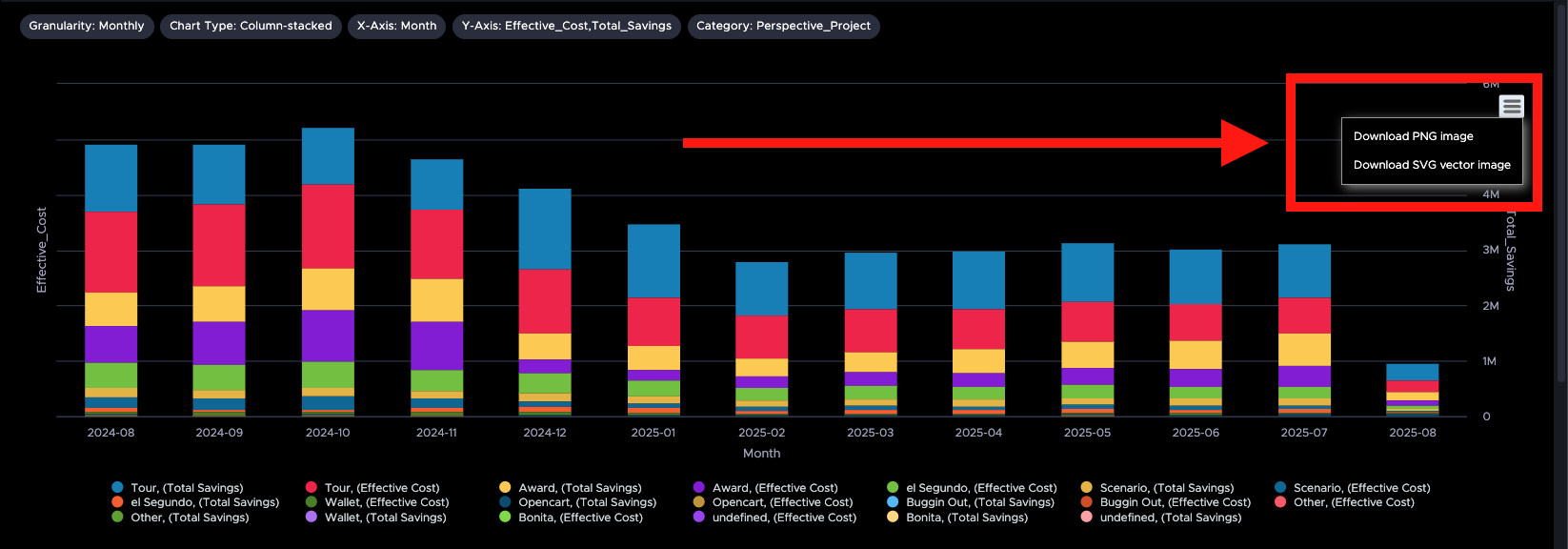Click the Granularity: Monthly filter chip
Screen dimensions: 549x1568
[86, 26]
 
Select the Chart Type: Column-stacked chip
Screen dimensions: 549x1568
[251, 26]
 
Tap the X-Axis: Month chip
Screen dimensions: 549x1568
[396, 26]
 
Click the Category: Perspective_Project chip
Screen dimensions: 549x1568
[783, 26]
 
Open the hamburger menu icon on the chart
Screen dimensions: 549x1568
[1511, 106]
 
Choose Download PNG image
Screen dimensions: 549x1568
[1413, 136]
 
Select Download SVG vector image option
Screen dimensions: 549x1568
[1431, 165]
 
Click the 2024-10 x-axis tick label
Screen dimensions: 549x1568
[328, 433]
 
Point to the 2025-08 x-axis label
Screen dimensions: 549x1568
[1412, 433]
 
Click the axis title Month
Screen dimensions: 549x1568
[761, 454]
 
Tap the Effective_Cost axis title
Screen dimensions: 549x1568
[41, 250]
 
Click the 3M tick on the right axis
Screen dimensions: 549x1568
[1490, 250]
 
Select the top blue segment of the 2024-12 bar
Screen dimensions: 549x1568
[545, 229]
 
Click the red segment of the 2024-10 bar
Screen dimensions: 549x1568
[328, 226]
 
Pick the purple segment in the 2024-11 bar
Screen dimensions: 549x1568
[436, 345]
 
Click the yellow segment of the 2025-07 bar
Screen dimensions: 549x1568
[1304, 349]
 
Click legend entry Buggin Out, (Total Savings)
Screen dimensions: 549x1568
[979, 502]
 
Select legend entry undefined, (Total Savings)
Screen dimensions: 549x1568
[1170, 518]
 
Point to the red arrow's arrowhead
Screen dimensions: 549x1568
[1243, 143]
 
